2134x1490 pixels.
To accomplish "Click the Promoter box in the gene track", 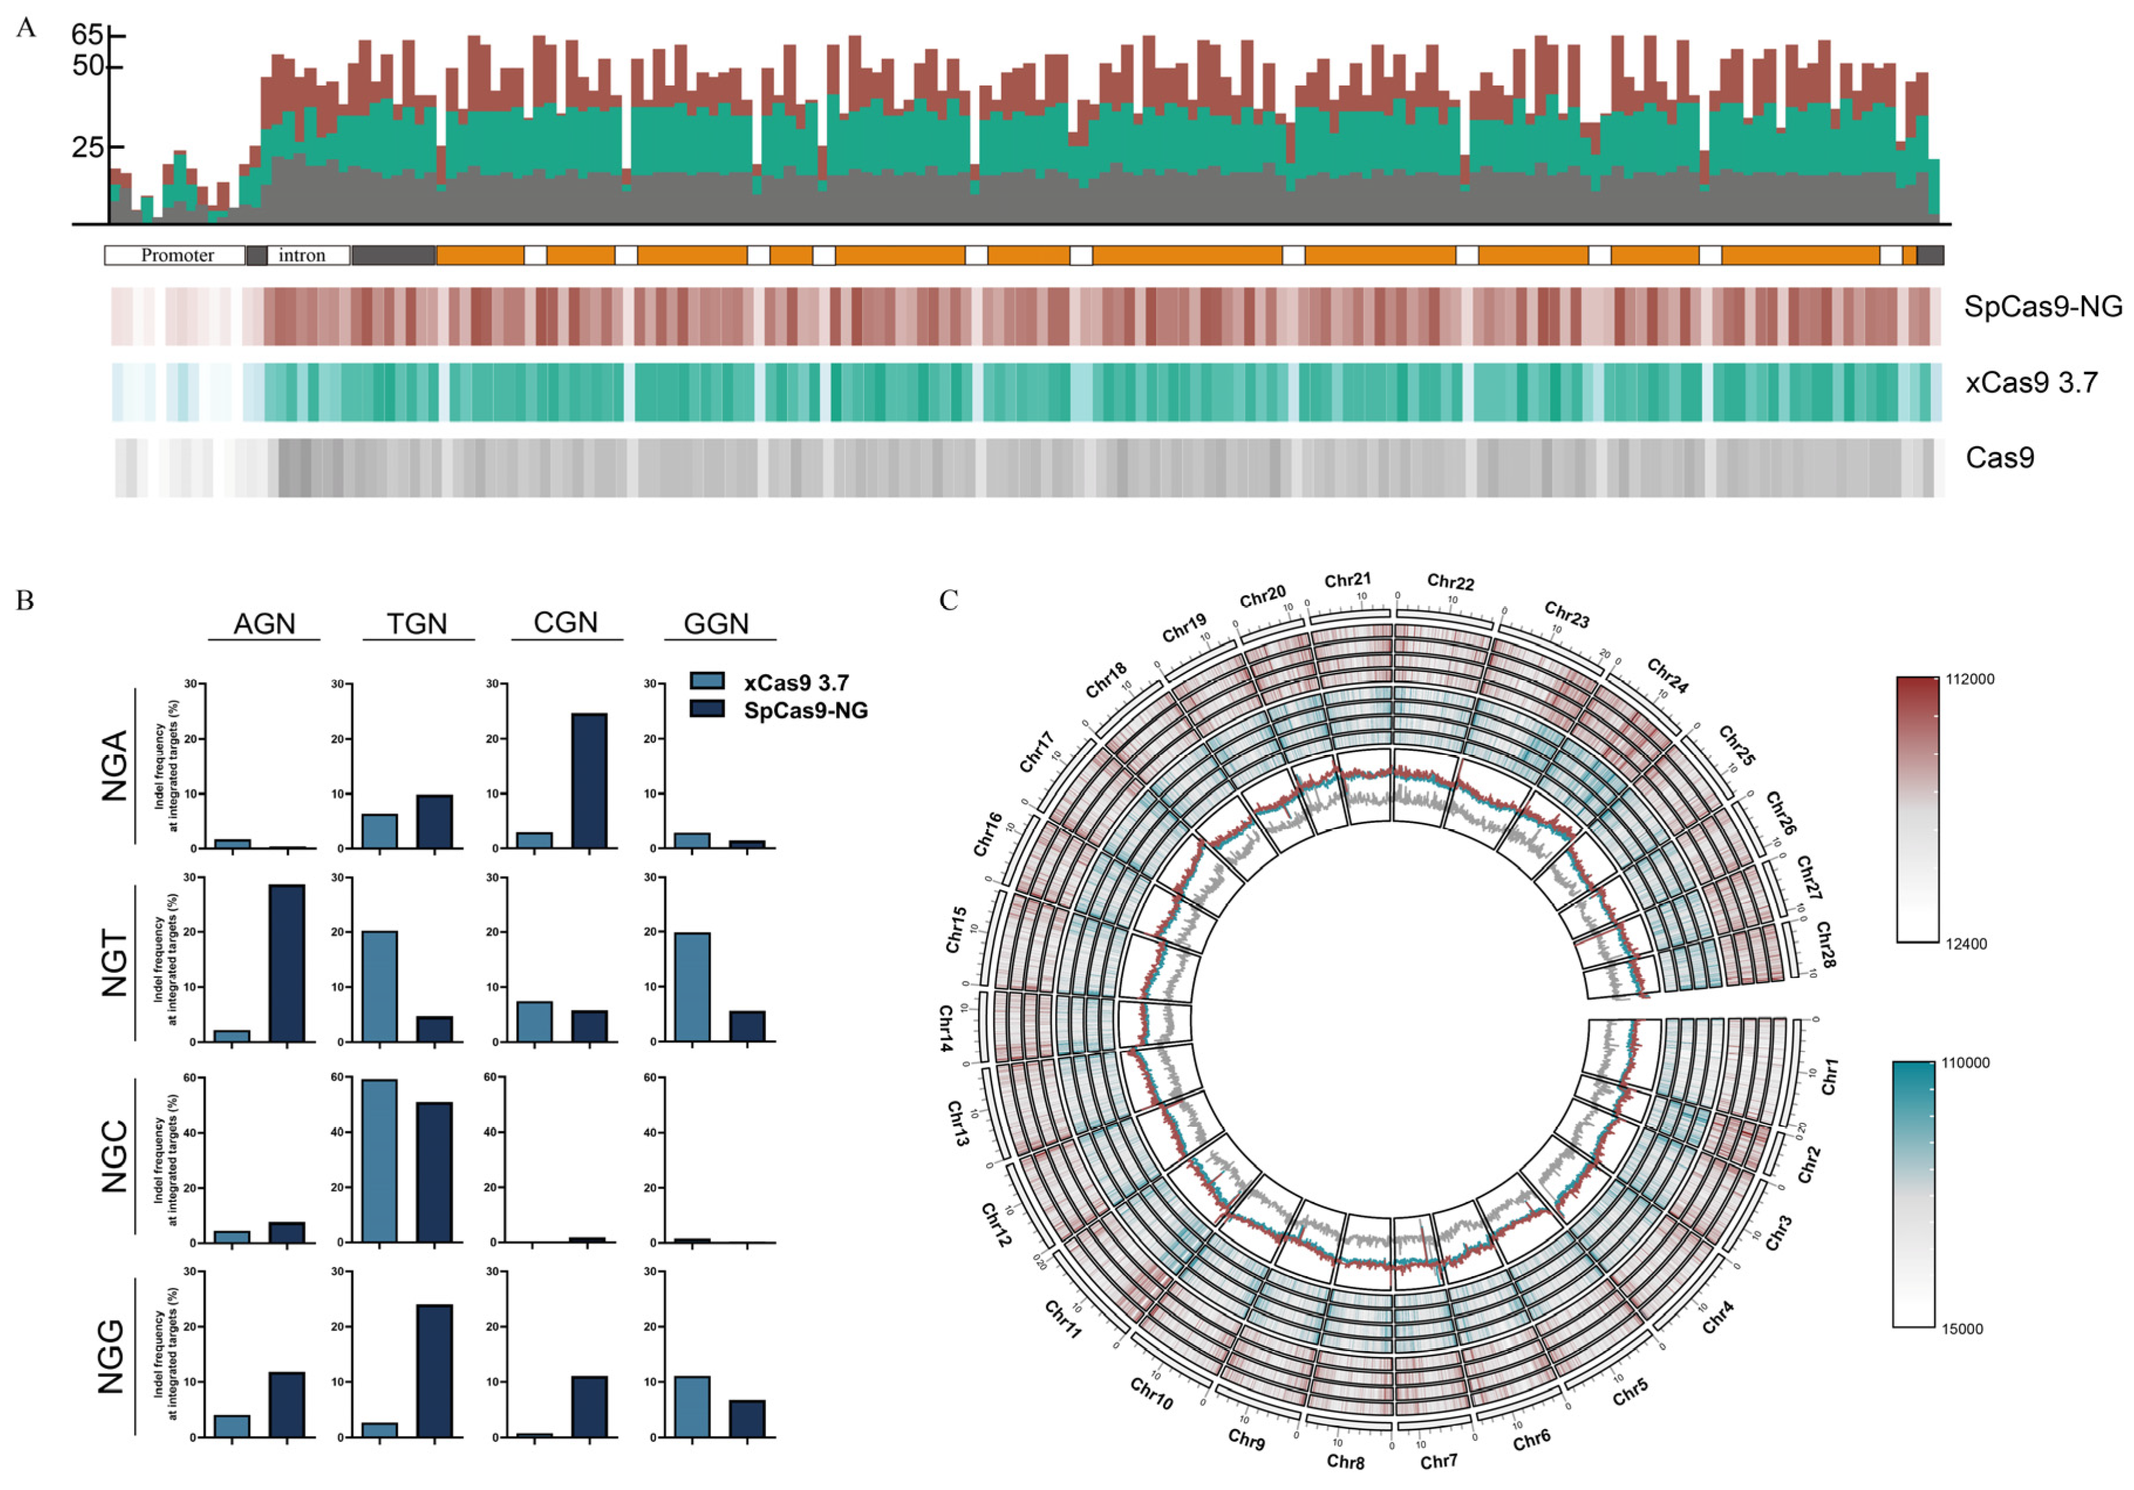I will tap(176, 255).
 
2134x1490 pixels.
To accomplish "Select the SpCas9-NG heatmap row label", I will tap(2042, 307).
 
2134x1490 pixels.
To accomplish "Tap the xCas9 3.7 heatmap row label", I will tap(2031, 383).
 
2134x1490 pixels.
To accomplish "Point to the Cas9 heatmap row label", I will tap(1999, 458).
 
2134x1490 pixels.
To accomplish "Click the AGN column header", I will tap(264, 624).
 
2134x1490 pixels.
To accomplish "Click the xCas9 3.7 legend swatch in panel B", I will tap(707, 681).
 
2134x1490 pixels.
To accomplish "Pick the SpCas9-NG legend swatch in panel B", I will tap(707, 709).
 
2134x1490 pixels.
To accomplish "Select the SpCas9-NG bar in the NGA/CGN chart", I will tap(589, 781).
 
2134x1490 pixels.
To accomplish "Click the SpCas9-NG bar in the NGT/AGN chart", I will tap(286, 963).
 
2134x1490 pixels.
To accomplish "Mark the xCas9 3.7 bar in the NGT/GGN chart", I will tap(692, 986).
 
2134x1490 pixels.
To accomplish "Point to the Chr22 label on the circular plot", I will tap(1450, 583).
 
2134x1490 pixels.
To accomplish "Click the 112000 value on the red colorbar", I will tap(1969, 679).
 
